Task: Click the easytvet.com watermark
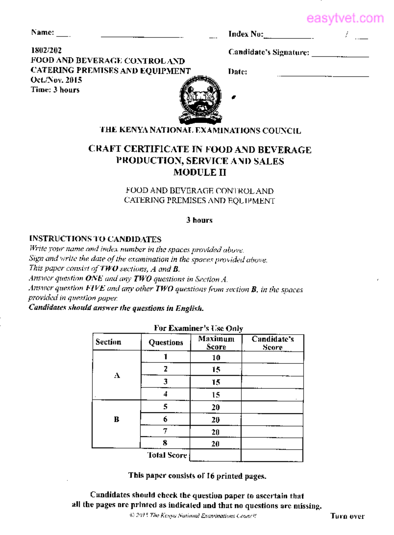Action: [x=345, y=18]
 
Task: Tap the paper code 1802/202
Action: [x=46, y=50]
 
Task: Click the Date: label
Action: [x=237, y=72]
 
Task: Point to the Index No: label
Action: [x=246, y=34]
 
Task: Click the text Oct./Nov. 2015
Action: [x=56, y=80]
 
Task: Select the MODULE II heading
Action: [x=200, y=172]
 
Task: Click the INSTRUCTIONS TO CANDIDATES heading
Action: [x=95, y=239]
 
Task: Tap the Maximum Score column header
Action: [x=216, y=343]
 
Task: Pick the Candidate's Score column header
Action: [x=273, y=343]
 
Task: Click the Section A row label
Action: [x=117, y=375]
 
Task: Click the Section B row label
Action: [x=117, y=419]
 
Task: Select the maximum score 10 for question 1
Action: [x=216, y=358]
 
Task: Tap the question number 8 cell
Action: [x=165, y=443]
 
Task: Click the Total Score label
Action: [x=167, y=455]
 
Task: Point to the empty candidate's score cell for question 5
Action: [x=272, y=407]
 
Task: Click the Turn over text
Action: [x=347, y=516]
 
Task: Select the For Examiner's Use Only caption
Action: [x=198, y=328]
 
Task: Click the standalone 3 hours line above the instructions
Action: [x=199, y=220]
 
